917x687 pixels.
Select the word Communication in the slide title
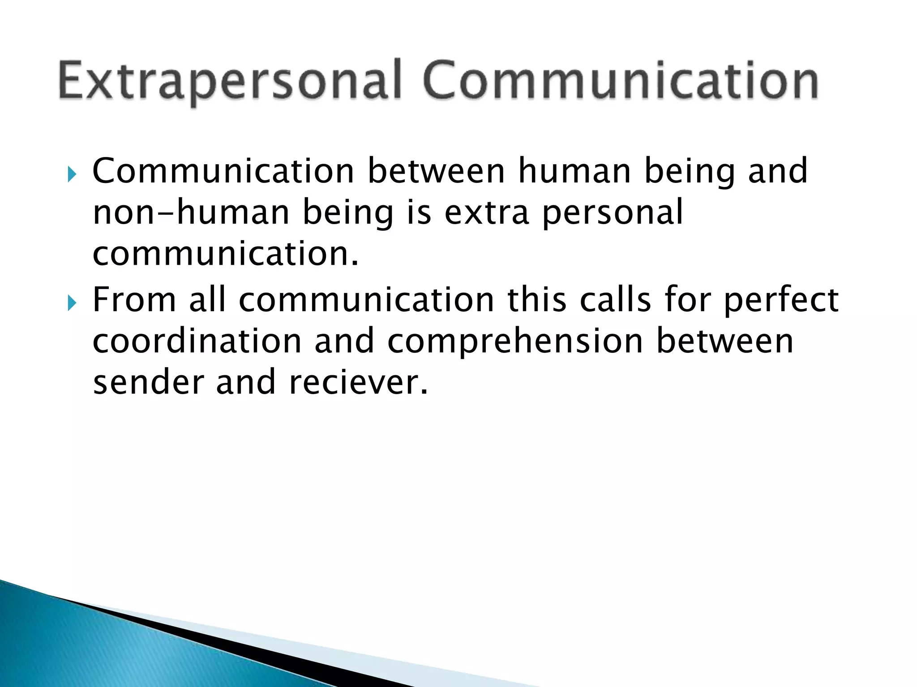click(621, 81)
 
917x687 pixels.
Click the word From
click(134, 300)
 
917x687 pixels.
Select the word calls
click(616, 300)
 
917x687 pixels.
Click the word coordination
click(197, 341)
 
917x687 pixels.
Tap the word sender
click(148, 382)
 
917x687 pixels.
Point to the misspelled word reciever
click(359, 382)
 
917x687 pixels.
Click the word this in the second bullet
click(537, 300)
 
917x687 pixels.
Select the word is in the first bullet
click(419, 212)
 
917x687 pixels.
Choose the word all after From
click(207, 300)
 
